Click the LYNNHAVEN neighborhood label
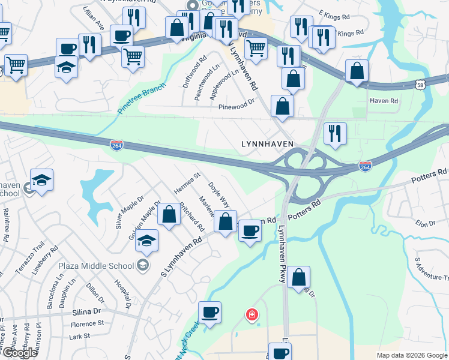pos(267,144)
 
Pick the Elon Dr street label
pos(425,223)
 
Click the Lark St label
pos(80,337)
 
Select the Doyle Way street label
pos(219,194)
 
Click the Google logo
pos(20,353)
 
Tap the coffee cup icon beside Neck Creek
pos(209,313)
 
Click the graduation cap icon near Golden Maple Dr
pos(147,241)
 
